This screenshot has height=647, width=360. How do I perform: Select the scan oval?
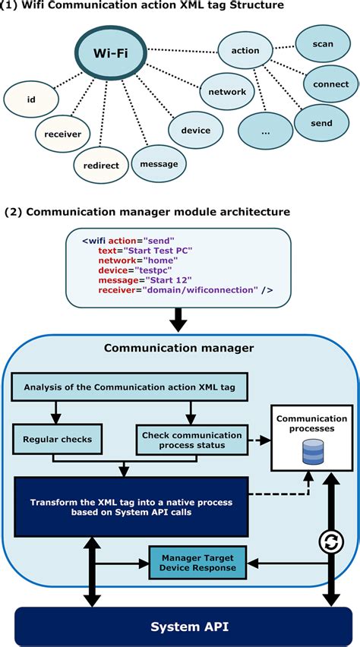pos(322,44)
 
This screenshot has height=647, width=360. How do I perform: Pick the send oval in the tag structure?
pos(321,122)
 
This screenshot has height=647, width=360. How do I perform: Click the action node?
pos(245,51)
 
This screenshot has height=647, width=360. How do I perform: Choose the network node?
pos(227,92)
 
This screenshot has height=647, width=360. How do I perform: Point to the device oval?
pos(196,130)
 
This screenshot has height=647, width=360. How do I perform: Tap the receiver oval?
pos(63,134)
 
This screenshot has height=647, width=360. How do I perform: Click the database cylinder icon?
pos(312,454)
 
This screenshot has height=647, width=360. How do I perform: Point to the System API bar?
pos(180,626)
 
